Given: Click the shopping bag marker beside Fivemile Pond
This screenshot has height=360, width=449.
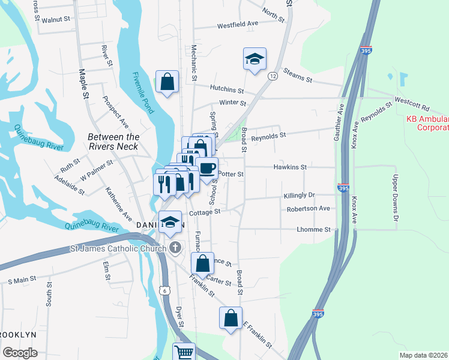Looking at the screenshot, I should (167, 82).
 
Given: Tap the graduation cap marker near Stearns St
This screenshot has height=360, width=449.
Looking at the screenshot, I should (255, 59).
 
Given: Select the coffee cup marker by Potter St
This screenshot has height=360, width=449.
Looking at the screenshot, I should (207, 169).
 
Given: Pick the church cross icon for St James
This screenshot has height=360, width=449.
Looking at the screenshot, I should (175, 248).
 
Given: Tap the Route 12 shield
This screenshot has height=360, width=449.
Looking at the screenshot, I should (273, 76).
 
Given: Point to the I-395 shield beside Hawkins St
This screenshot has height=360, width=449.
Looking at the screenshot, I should (343, 188).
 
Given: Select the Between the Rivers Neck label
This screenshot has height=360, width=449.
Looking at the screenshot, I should (113, 142).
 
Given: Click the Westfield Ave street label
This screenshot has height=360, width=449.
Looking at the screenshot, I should (237, 25).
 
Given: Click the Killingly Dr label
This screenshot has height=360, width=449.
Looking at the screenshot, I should (299, 196).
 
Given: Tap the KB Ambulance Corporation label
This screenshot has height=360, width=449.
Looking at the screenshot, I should (427, 123).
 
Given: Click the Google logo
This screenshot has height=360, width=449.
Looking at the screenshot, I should (19, 353).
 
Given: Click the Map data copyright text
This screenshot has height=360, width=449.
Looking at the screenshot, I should (423, 355).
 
